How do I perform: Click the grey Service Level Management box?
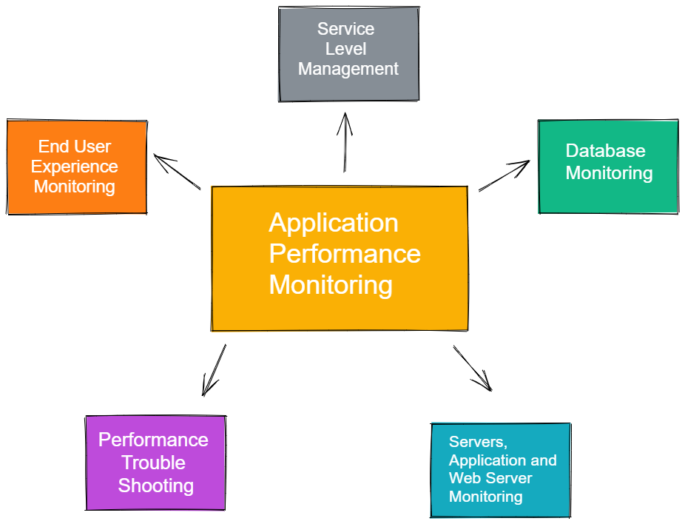[x=348, y=54]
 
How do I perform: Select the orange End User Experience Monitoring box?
[x=77, y=167]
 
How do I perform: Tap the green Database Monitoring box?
[x=608, y=167]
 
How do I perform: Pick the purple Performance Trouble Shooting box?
[x=155, y=463]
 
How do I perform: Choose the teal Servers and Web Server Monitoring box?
[x=501, y=470]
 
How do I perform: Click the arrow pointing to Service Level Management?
[x=345, y=143]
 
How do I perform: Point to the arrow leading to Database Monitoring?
[x=505, y=175]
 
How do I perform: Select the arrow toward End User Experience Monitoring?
[x=177, y=172]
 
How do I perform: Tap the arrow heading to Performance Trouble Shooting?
[x=214, y=370]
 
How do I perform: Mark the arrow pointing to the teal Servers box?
[x=473, y=369]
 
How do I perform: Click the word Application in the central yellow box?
[x=334, y=223]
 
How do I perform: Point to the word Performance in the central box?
[x=345, y=253]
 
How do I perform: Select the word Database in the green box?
[x=606, y=151]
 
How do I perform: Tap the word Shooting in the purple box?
[x=156, y=486]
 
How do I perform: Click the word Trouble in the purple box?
[x=153, y=463]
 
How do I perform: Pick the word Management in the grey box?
[x=348, y=69]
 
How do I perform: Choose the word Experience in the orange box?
[x=74, y=167]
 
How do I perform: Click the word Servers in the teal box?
[x=478, y=442]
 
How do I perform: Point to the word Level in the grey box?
[x=345, y=49]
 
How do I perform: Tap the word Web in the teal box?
[x=463, y=478]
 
